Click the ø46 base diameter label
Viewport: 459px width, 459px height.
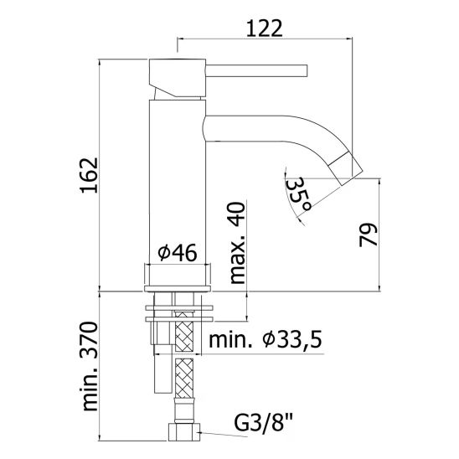point(177,252)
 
